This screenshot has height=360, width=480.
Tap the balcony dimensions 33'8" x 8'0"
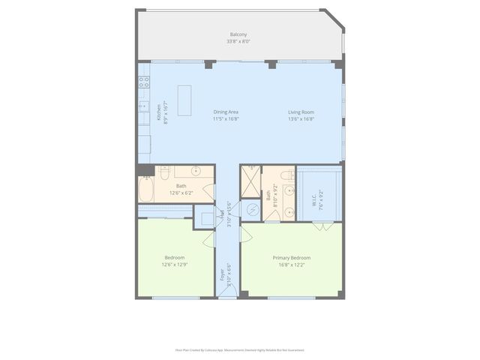(239, 41)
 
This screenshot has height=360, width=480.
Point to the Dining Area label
(226, 112)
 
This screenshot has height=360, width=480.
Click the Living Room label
(301, 112)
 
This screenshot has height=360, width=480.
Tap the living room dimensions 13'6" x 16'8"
(301, 118)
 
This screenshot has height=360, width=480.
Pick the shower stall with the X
(250, 182)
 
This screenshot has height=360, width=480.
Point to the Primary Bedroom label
(291, 257)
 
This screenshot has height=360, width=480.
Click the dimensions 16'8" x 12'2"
(291, 264)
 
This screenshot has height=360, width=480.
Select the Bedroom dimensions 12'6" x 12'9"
(174, 264)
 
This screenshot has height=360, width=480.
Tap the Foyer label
(223, 274)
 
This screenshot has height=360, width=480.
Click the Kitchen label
(158, 112)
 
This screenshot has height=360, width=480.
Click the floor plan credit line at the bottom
(239, 349)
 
